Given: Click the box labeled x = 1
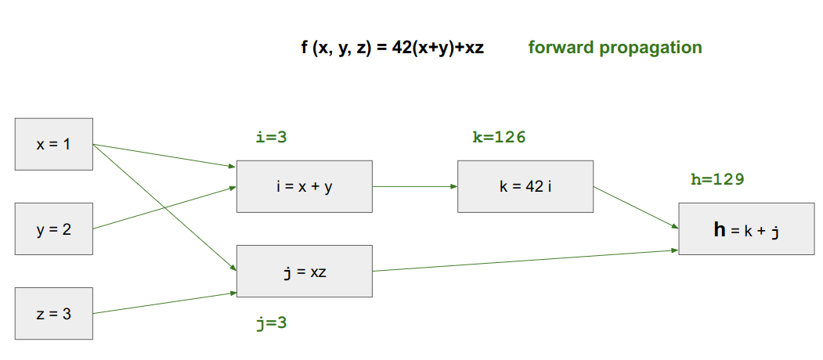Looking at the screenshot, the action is pos(54,144).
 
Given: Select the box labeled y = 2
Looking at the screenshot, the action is pos(54,229).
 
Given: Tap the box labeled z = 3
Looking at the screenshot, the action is pos(54,313).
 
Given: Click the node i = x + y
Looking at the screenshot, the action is pos(304,186).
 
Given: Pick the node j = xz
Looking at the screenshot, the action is pos(304,271).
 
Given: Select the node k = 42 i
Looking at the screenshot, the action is pos(525,186).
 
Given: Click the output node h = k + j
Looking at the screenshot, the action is pos(746,229).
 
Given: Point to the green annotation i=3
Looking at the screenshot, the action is pos(272,138).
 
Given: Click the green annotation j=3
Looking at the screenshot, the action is pos(272,322).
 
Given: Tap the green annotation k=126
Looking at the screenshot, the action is pos(499,138).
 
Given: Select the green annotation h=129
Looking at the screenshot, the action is pos(717,179).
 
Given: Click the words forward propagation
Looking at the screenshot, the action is pos(615,47).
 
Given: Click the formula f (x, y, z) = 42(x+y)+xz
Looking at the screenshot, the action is pos(392,47).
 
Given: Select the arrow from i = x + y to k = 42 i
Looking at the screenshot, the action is pos(415,186).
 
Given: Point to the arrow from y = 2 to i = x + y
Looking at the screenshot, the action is pos(164,207).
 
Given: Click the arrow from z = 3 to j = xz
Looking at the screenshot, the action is pos(164,303).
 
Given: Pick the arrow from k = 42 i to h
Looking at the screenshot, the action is pos(636,207).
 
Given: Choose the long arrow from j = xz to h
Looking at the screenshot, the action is pos(525,261).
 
